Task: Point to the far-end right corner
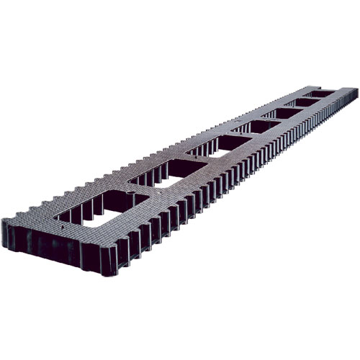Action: [x=356, y=91]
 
